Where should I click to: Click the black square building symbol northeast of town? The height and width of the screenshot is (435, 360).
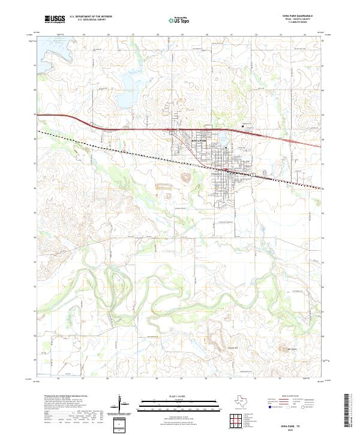click(x=242, y=126)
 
